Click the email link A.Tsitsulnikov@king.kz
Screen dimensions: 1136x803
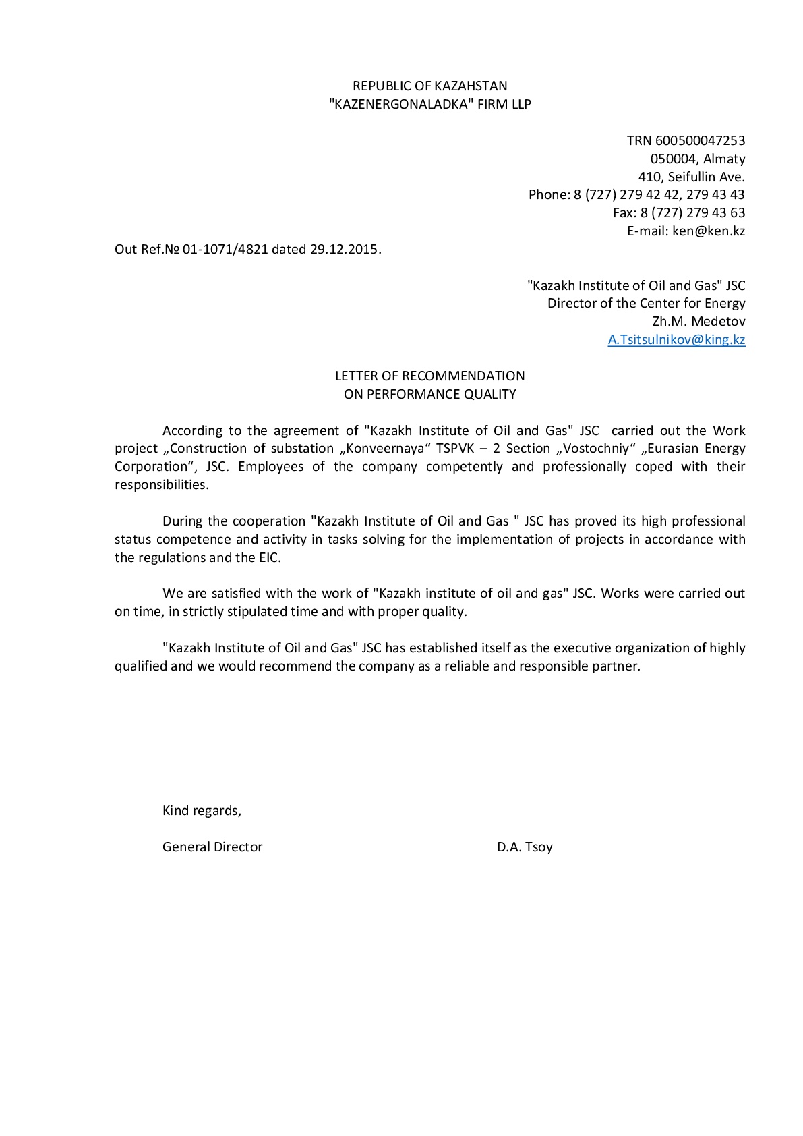pyautogui.click(x=676, y=339)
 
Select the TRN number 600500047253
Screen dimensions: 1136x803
pyautogui.click(x=700, y=140)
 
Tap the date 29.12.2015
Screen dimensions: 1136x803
pyautogui.click(x=345, y=249)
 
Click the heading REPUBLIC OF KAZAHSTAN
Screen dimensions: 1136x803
pyautogui.click(x=429, y=86)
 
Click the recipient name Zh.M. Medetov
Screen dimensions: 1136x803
pyautogui.click(x=698, y=321)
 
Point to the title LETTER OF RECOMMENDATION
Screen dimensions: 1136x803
pyautogui.click(x=429, y=376)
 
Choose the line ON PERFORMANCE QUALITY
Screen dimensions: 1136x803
pyautogui.click(x=429, y=394)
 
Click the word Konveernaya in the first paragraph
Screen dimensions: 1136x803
pyautogui.click(x=385, y=449)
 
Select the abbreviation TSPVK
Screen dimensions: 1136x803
pyautogui.click(x=458, y=449)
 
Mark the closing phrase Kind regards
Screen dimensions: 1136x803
pyautogui.click(x=201, y=810)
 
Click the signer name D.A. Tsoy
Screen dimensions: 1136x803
pyautogui.click(x=525, y=847)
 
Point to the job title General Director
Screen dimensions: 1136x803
pyautogui.click(x=212, y=847)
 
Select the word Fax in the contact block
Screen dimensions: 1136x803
pyautogui.click(x=623, y=212)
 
